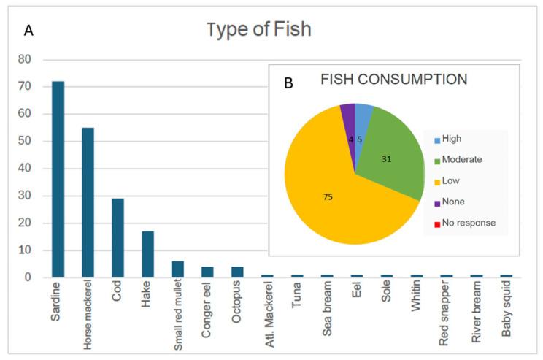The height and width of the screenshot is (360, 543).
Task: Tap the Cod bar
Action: [118, 237]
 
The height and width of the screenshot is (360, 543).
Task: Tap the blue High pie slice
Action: [362, 118]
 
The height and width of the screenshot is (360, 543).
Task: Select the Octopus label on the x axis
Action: [237, 304]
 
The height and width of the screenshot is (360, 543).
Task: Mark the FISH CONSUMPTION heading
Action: [394, 79]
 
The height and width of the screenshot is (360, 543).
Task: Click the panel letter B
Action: [288, 83]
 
